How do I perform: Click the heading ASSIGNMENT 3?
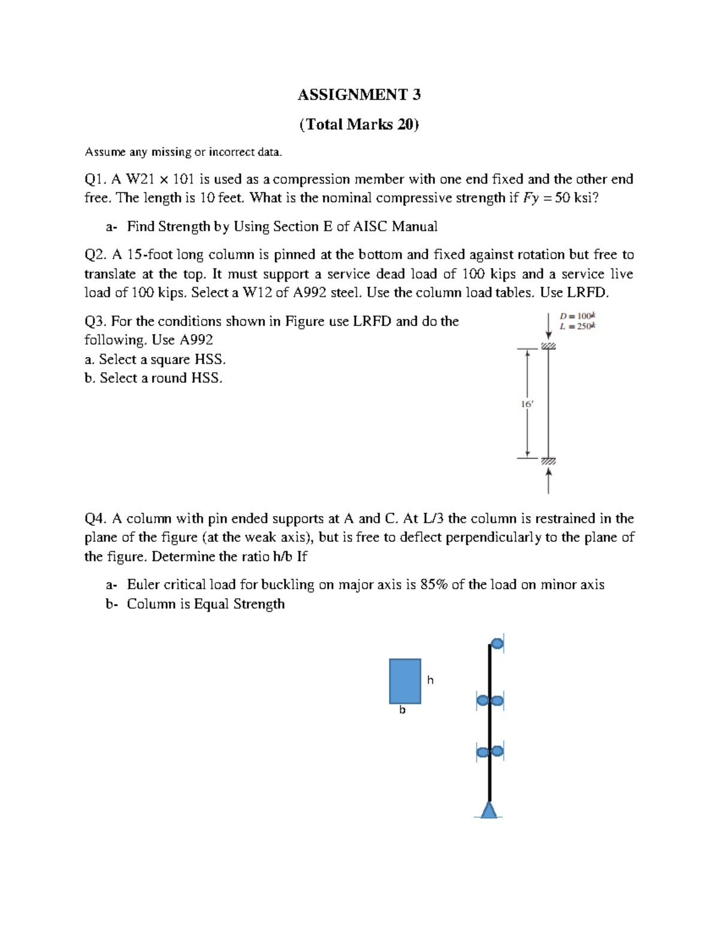[x=359, y=94]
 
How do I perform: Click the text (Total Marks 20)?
[x=359, y=124]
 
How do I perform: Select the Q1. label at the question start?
[x=96, y=179]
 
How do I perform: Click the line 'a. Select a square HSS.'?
[x=155, y=359]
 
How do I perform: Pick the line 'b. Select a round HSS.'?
[x=153, y=378]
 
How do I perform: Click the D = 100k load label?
[x=577, y=316]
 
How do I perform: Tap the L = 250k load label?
[x=577, y=326]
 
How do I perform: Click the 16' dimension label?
[x=527, y=404]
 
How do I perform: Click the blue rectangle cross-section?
[x=405, y=681]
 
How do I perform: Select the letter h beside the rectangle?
[x=430, y=680]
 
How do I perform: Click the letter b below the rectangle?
[x=403, y=710]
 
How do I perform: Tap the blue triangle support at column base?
[x=490, y=810]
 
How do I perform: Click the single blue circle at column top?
[x=497, y=644]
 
